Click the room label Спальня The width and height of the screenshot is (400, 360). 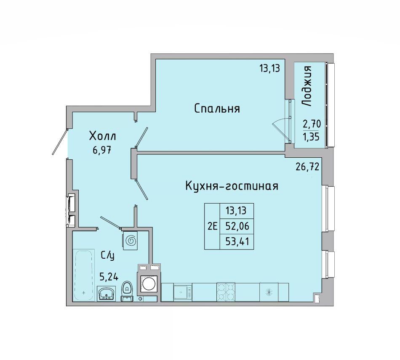point(217,109)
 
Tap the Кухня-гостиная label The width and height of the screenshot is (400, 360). point(232,186)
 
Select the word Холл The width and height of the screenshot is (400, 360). point(103,136)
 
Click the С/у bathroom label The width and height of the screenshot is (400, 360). point(107,256)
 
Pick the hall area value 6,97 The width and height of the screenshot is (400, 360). point(102,150)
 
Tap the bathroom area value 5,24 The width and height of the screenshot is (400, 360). point(109,277)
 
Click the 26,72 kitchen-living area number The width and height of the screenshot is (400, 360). point(307,167)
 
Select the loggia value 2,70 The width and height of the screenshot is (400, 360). point(312,124)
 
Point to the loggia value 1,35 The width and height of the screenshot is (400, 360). point(312,137)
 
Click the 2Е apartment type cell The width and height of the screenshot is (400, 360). point(212,226)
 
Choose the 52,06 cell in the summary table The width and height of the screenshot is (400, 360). point(237,226)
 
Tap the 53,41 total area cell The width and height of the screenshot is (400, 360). point(237,241)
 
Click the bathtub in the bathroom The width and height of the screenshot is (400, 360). point(83,275)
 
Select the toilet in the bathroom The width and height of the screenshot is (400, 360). point(127,291)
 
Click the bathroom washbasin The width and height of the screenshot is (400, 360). point(107,294)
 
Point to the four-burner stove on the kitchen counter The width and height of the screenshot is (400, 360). point(226,292)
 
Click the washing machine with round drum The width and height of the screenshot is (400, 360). point(149,284)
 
